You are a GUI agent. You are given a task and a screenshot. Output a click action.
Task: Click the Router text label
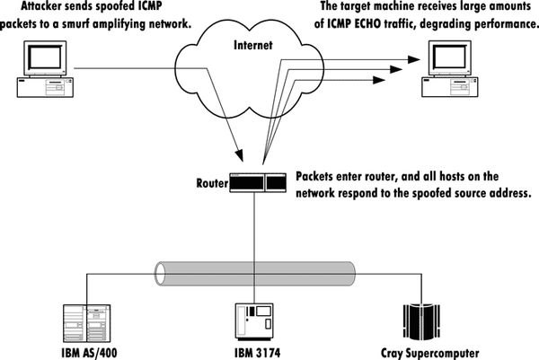(212, 182)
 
